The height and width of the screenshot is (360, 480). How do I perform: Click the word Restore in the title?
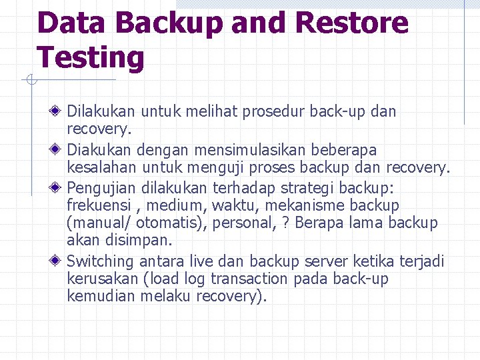351,23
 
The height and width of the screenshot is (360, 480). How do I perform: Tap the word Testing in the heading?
91,57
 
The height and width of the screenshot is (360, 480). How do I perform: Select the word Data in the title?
71,23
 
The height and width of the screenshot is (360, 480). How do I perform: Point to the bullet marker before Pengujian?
59,187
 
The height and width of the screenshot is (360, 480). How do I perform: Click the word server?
344,261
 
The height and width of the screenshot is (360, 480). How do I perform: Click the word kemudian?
101,296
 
